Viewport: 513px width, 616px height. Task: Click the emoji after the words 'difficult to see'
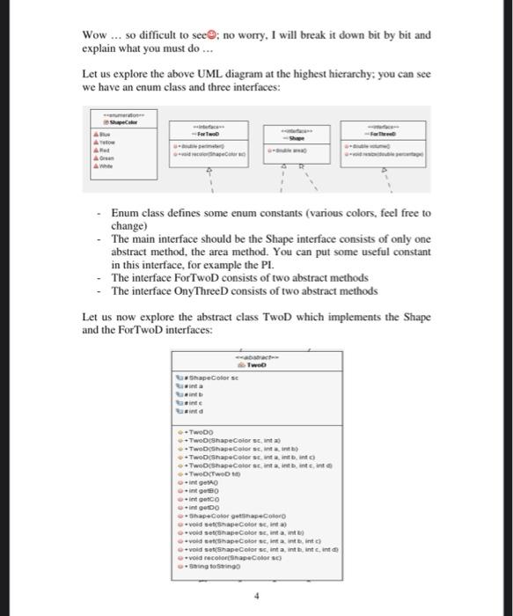[x=210, y=36]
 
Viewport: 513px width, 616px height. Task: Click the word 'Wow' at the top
[x=93, y=36]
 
